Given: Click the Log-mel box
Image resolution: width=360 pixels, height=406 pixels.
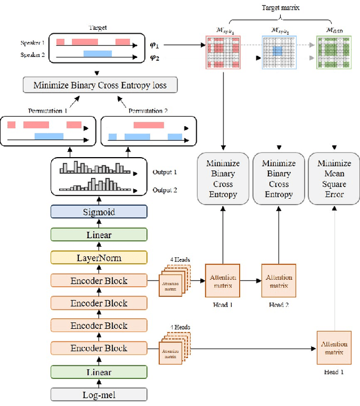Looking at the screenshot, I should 98,394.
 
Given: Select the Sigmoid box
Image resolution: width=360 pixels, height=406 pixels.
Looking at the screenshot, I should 98,211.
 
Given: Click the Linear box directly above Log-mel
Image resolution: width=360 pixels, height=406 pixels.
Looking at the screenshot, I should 98,372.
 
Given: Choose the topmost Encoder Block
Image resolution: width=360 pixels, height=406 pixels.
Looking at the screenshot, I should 98,280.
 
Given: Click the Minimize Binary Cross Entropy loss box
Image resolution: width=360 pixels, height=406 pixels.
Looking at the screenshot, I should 100,86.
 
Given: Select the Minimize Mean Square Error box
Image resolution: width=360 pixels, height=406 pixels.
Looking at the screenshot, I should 334,179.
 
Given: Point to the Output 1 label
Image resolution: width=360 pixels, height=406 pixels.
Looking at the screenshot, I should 164,172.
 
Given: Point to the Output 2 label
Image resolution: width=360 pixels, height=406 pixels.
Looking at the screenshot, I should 164,190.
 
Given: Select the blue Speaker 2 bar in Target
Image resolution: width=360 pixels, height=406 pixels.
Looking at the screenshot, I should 98,53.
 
